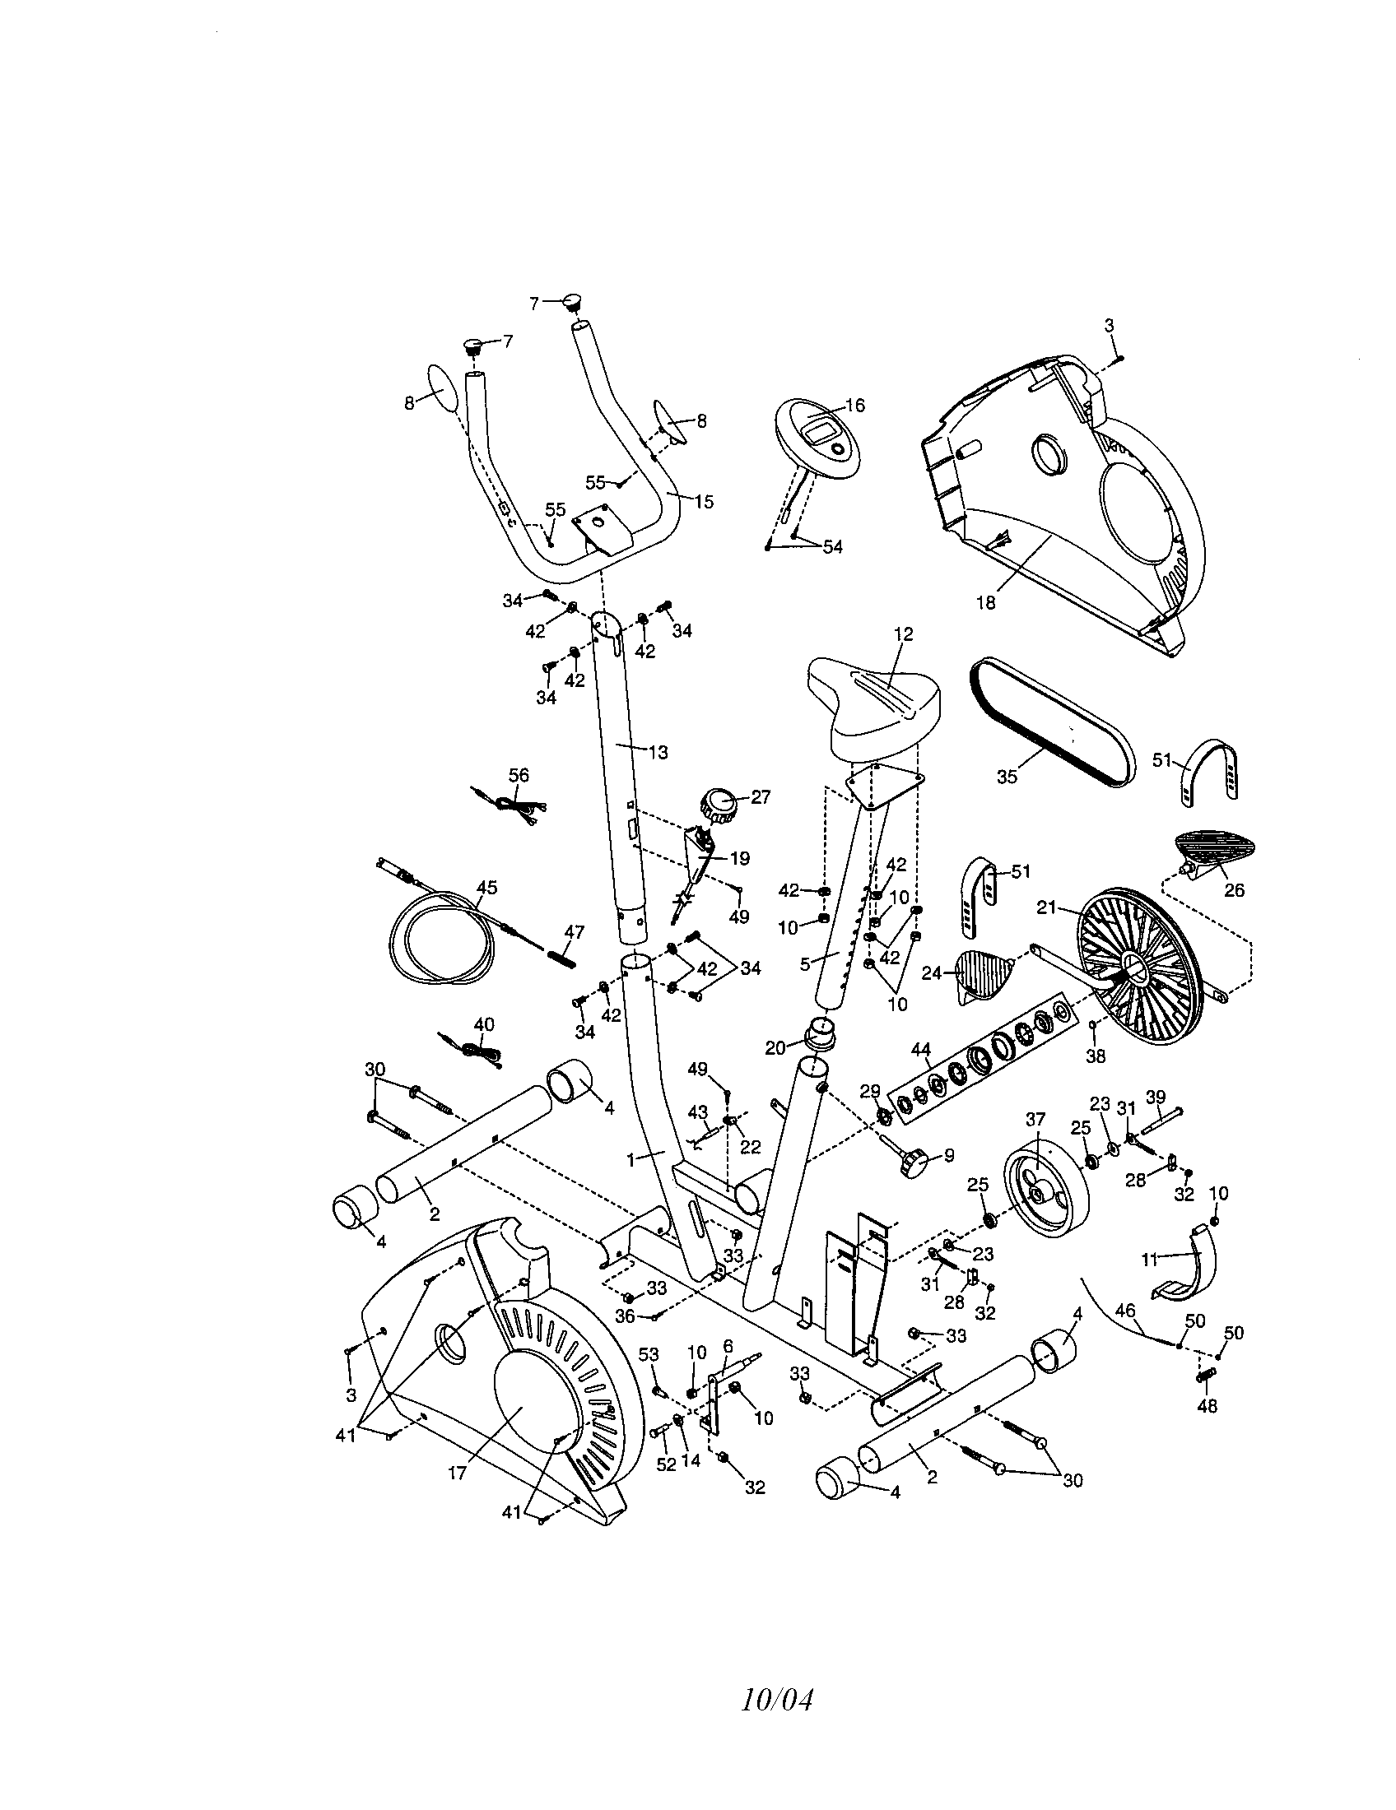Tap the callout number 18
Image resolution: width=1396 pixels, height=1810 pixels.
(984, 602)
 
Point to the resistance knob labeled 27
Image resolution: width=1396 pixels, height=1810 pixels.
(717, 805)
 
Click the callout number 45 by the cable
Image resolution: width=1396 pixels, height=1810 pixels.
(486, 887)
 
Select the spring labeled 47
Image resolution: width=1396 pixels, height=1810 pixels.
(564, 954)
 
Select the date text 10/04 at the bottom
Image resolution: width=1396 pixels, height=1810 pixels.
(777, 1699)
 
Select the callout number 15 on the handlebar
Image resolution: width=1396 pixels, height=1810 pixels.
(703, 501)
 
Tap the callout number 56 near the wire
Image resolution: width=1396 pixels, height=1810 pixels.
(518, 775)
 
